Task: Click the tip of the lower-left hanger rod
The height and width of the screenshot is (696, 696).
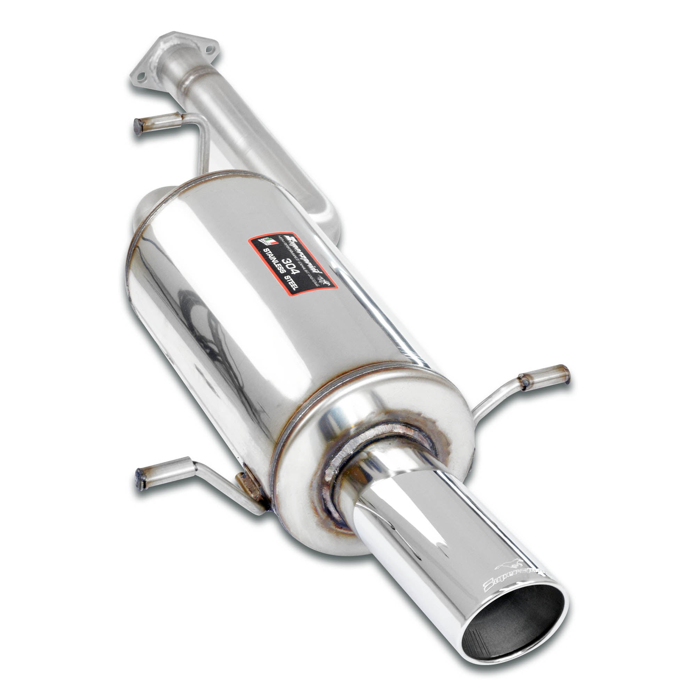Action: coord(140,477)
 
